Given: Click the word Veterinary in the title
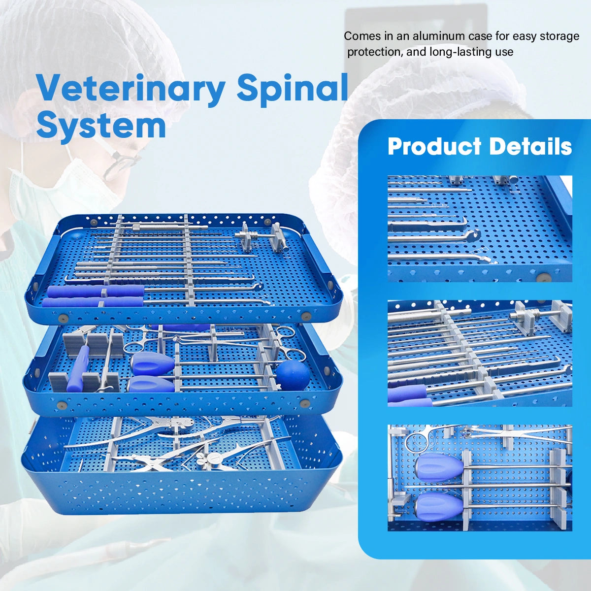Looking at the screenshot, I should tap(131, 89).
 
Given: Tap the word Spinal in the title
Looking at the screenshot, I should tap(293, 89).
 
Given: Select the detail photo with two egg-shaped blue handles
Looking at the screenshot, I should tap(480, 478).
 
